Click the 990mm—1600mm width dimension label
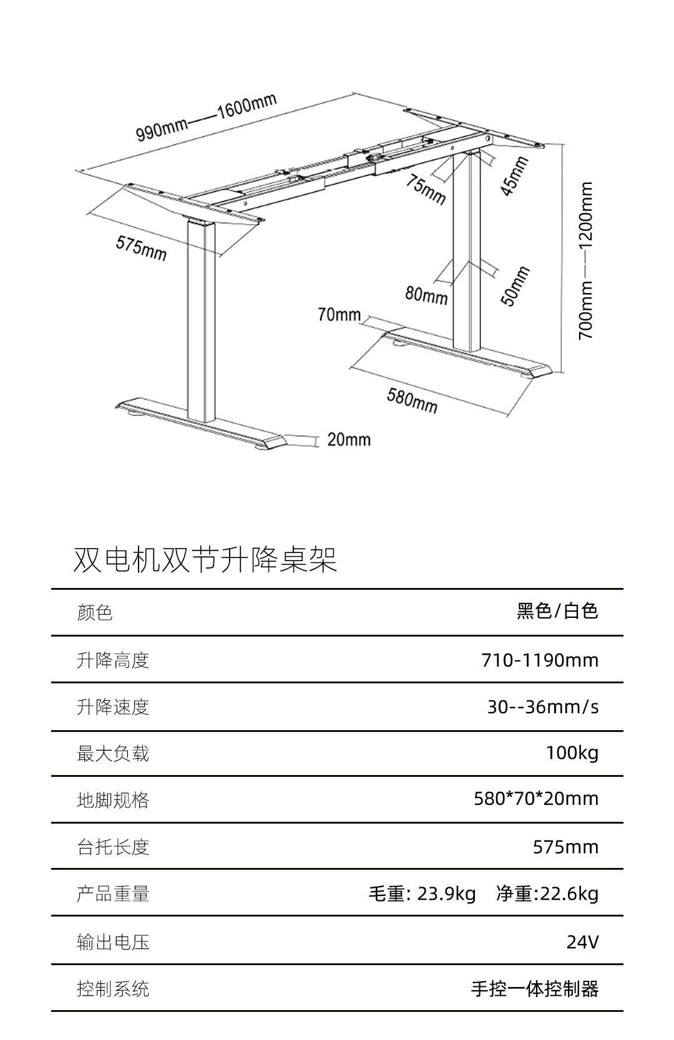click(207, 118)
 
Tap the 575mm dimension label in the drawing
click(141, 248)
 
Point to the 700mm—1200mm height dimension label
click(586, 260)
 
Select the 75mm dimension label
click(426, 189)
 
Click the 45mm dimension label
click(515, 176)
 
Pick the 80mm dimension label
click(426, 294)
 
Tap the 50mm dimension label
click(515, 286)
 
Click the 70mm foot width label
click(339, 315)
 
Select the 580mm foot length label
click(412, 400)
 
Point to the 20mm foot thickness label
click(349, 440)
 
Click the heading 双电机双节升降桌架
click(205, 559)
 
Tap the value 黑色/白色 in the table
click(557, 611)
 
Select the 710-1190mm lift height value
click(540, 660)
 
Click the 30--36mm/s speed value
click(543, 706)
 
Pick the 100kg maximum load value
click(572, 753)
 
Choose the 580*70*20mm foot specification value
click(536, 799)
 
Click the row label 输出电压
click(113, 941)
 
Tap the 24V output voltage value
click(582, 941)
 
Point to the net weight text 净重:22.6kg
click(547, 893)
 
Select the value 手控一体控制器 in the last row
click(535, 989)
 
